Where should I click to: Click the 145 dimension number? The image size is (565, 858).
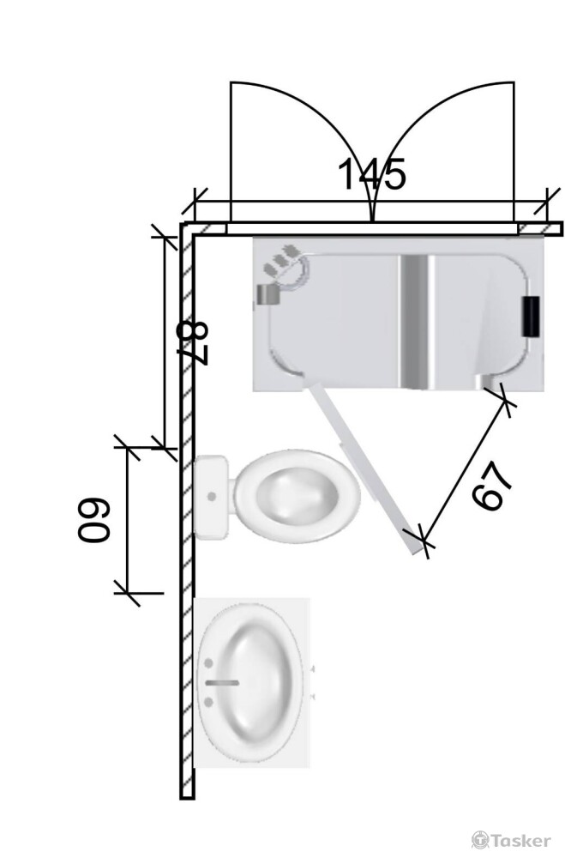click(372, 174)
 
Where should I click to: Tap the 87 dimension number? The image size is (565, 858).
click(195, 344)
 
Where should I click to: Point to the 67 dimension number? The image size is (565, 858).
click(492, 486)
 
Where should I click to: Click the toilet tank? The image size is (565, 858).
click(211, 497)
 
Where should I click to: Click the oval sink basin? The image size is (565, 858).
click(250, 683)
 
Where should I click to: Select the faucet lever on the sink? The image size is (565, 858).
click(222, 682)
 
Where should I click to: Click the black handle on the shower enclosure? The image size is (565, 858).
click(530, 316)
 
